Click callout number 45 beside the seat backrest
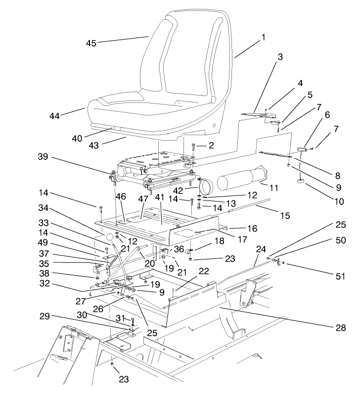pyautogui.click(x=91, y=43)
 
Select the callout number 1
pyautogui.click(x=264, y=37)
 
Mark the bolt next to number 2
pyautogui.click(x=192, y=147)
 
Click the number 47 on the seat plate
pyautogui.click(x=143, y=197)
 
